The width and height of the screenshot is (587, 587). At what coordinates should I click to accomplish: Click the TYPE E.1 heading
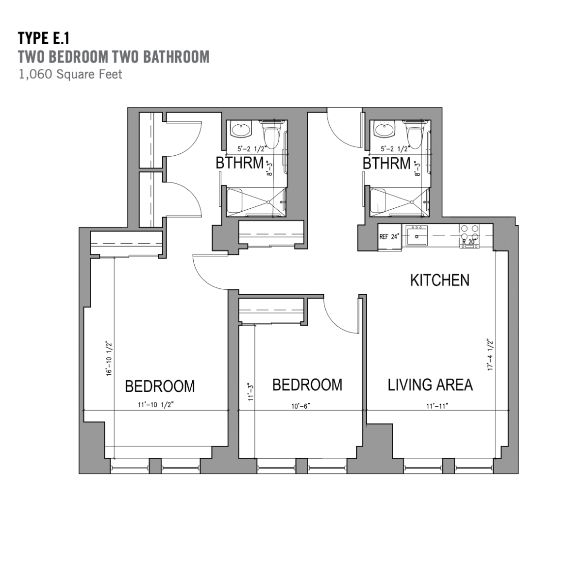click(43, 38)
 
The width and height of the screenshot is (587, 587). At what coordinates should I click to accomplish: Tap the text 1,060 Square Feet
click(70, 74)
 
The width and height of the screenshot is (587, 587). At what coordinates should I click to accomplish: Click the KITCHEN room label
click(440, 280)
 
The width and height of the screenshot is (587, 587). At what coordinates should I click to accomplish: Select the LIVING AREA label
click(430, 385)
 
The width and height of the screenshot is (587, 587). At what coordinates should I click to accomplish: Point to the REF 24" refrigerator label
click(389, 237)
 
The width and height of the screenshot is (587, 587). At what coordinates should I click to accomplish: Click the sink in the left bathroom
click(241, 130)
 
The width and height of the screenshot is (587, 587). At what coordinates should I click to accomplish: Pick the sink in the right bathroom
click(384, 130)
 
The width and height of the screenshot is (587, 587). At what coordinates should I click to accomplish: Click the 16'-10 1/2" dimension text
click(109, 358)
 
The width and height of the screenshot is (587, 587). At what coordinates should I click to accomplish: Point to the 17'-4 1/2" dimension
click(490, 355)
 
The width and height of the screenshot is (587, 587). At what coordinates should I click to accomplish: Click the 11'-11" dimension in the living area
click(437, 406)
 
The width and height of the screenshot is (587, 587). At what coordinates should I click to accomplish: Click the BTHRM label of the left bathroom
click(240, 163)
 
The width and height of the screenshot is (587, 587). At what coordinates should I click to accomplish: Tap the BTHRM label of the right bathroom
click(386, 164)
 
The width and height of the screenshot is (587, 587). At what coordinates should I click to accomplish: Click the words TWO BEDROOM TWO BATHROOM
click(114, 57)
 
